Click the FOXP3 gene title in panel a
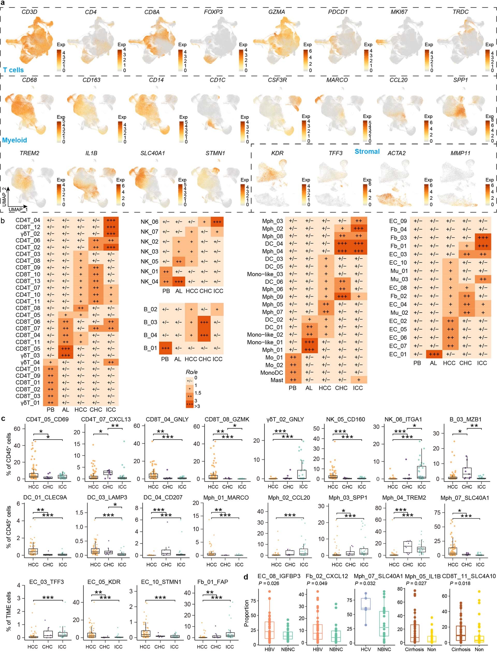pos(213,12)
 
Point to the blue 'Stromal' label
pos(367,151)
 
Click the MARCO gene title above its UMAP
pos(337,80)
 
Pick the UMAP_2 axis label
pos(4,197)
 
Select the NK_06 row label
pos(149,222)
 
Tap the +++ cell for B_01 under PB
pos(165,348)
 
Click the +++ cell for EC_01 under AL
pos(433,354)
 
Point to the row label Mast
pos(277,380)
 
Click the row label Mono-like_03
pos(265,274)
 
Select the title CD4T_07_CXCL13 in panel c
pos(106,419)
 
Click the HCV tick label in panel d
pos(366,649)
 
